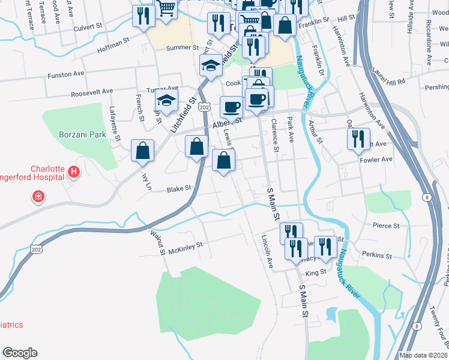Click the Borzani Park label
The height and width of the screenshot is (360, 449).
tap(82, 134)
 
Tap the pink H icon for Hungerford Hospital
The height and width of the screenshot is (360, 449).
tap(74, 173)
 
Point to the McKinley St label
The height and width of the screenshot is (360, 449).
tap(185, 244)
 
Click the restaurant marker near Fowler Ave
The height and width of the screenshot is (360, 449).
tap(358, 140)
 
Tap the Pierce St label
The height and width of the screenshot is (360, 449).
tap(386, 226)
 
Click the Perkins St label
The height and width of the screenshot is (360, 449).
tap(377, 255)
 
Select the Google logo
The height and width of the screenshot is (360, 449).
tap(20, 352)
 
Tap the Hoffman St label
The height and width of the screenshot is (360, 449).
tap(113, 43)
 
